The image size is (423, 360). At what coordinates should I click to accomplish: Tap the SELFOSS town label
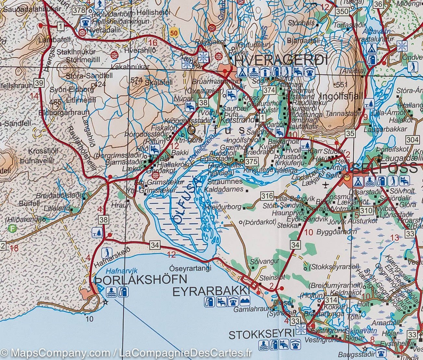click(x=384, y=168)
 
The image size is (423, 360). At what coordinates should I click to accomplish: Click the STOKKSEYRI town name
click(x=262, y=334)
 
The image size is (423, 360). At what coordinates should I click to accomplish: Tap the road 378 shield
click(x=79, y=10)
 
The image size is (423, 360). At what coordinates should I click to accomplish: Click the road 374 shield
click(x=269, y=90)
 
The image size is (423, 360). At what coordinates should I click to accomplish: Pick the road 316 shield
click(x=267, y=196)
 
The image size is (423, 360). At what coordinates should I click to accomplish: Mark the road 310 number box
click(x=366, y=210)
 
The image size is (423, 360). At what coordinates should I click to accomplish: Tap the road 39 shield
click(x=39, y=83)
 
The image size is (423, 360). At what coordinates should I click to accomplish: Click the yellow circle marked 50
click(x=174, y=33)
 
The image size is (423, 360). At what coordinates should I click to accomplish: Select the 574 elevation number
click(x=136, y=80)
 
